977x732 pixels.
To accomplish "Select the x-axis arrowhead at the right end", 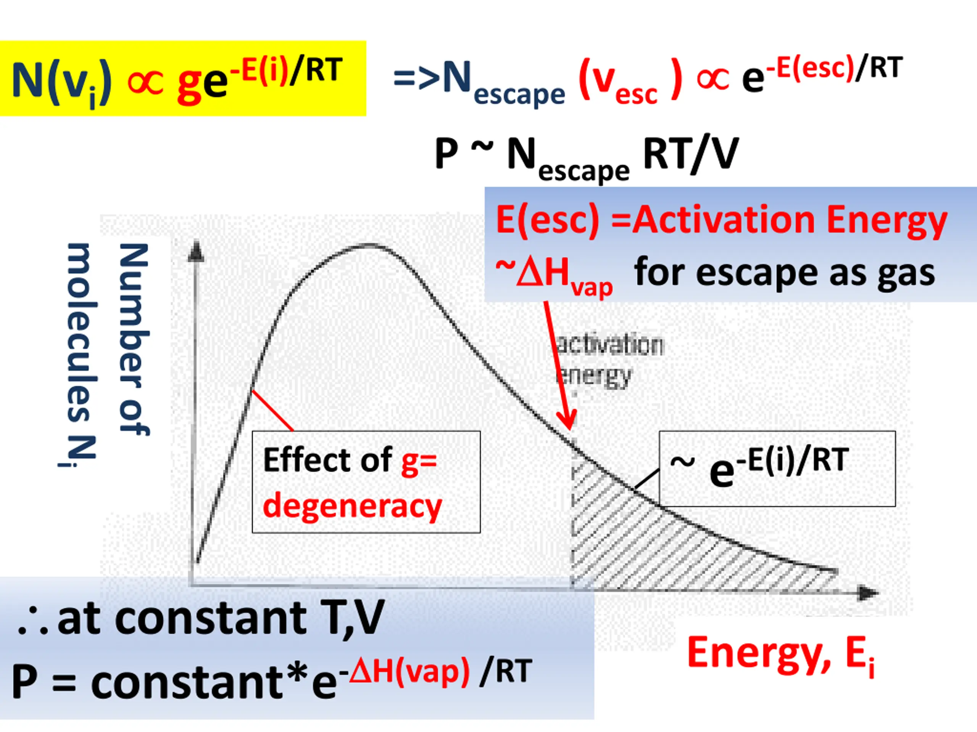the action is [x=868, y=592].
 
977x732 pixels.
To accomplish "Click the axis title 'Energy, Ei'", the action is [x=781, y=655].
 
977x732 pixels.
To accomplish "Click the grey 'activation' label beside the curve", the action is [x=609, y=345].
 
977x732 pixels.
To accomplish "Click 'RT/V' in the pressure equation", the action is [x=690, y=154].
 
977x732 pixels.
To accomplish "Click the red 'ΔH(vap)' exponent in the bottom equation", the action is [x=409, y=671].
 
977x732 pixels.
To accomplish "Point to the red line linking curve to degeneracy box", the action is [x=272, y=410].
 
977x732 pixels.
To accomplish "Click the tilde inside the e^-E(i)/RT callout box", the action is [x=683, y=462].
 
